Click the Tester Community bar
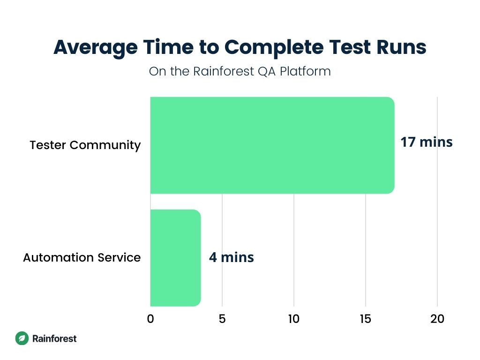tap(272, 145)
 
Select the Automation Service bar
tap(175, 257)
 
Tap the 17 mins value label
tap(426, 142)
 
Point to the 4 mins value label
tap(231, 257)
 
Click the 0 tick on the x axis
tap(150, 319)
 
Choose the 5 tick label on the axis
tap(222, 319)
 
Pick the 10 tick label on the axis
tap(294, 319)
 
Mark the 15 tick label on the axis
tap(366, 319)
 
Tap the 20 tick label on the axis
tap(437, 319)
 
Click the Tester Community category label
tap(85, 145)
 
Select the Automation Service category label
tap(82, 257)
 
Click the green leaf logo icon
tap(22, 338)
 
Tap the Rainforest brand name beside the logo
tap(54, 338)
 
